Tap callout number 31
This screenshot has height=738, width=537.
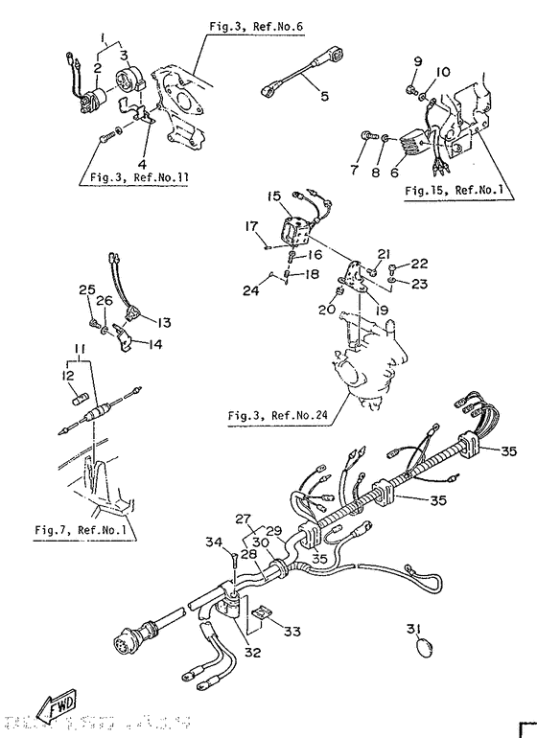(x=412, y=629)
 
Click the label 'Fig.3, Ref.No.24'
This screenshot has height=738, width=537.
(x=278, y=416)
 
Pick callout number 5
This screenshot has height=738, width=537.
(x=324, y=95)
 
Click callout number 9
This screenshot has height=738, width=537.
(x=417, y=62)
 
